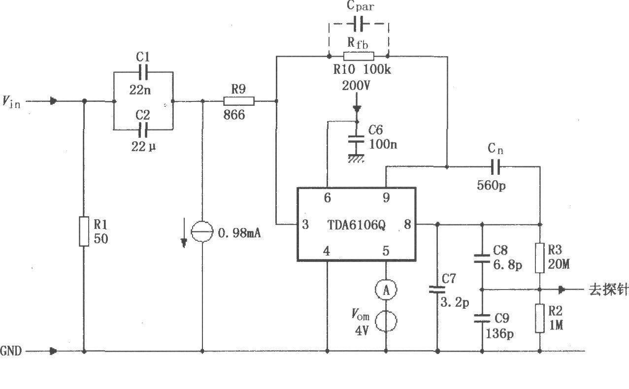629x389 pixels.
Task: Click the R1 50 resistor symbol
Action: click(x=84, y=230)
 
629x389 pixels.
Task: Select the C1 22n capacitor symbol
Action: click(x=143, y=72)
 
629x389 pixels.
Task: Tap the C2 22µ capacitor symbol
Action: click(x=143, y=130)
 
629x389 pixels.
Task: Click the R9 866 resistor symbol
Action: click(x=239, y=101)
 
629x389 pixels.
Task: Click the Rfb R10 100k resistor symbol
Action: click(x=359, y=56)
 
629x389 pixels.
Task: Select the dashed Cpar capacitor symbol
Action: click(x=359, y=23)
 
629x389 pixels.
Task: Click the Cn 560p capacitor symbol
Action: click(x=496, y=167)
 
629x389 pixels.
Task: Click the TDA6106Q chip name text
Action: click(x=357, y=225)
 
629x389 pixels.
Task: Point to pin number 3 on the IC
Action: click(x=305, y=225)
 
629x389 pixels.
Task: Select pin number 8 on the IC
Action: click(x=407, y=225)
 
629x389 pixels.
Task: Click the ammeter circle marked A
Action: click(x=386, y=291)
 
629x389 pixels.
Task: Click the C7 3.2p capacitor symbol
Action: click(x=437, y=290)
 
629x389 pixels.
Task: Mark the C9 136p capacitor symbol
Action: click(x=482, y=318)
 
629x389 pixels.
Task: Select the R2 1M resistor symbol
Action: click(x=540, y=318)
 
